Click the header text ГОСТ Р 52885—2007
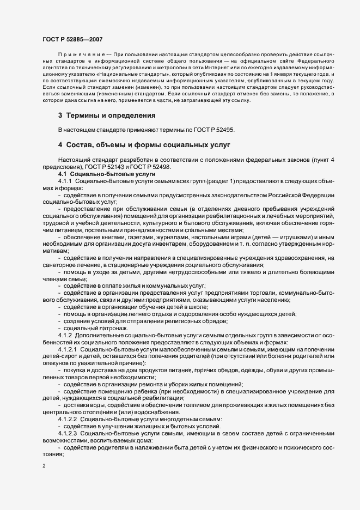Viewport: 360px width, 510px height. point(72,39)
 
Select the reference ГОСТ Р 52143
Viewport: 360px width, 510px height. point(95,167)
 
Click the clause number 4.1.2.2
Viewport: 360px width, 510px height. point(69,420)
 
